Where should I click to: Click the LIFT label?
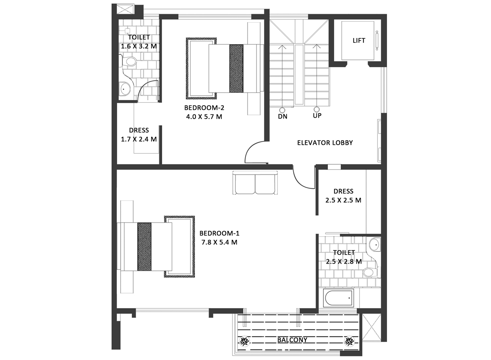pyautogui.click(x=359, y=41)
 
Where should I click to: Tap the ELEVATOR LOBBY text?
pyautogui.click(x=325, y=143)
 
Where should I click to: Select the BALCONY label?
pyautogui.click(x=292, y=340)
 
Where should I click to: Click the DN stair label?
pyautogui.click(x=282, y=117)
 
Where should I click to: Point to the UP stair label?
pyautogui.click(x=317, y=116)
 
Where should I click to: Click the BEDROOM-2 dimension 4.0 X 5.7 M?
pyautogui.click(x=204, y=117)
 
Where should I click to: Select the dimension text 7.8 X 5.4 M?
pyautogui.click(x=219, y=242)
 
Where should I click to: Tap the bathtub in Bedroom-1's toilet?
pyautogui.click(x=339, y=298)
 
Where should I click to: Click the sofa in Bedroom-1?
pyautogui.click(x=255, y=183)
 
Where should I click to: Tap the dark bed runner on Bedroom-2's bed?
pyautogui.click(x=236, y=69)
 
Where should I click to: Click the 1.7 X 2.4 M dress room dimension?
pyautogui.click(x=139, y=139)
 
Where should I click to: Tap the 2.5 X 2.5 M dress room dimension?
pyautogui.click(x=343, y=200)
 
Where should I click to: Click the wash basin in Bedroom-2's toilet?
pyautogui.click(x=124, y=89)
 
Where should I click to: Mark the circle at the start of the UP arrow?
pyautogui.click(x=316, y=109)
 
